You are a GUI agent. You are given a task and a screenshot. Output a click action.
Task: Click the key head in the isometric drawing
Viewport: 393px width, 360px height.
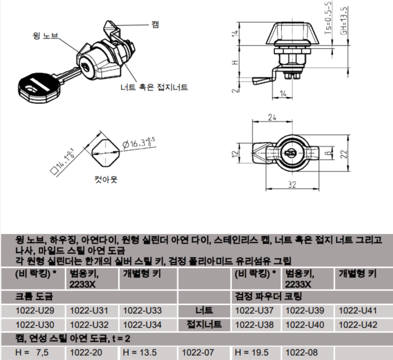tap(40, 88)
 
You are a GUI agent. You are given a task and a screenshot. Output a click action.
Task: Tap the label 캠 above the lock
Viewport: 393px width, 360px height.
tap(155, 25)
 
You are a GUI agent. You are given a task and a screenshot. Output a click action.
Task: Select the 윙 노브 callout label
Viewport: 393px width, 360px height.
tap(45, 36)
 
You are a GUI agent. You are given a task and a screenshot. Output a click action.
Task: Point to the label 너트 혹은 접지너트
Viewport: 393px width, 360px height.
tap(154, 87)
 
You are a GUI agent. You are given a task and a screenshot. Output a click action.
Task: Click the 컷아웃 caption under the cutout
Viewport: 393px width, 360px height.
tap(106, 179)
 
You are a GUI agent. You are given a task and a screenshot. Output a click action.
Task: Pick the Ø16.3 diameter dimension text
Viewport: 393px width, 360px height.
tap(138, 143)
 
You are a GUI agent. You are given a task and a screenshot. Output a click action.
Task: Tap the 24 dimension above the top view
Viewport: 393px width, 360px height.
tap(272, 117)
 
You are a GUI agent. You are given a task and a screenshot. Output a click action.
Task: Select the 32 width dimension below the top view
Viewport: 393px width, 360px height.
tap(292, 185)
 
